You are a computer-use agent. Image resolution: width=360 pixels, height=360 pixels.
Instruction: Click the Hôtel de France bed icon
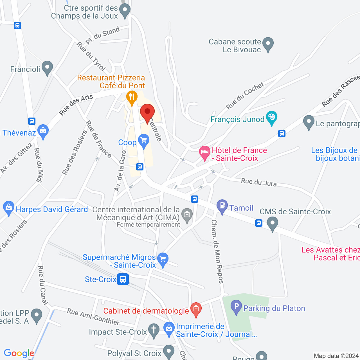205,152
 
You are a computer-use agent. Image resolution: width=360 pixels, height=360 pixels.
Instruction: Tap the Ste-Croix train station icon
123,279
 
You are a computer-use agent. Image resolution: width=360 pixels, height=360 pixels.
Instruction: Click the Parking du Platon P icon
236,307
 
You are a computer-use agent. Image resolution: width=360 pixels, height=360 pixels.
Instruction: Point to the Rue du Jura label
259,182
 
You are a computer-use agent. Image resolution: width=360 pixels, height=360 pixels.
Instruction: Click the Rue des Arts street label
76,105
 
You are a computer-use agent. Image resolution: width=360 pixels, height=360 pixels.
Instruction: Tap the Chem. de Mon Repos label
217,251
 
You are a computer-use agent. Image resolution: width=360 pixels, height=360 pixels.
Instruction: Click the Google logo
19,353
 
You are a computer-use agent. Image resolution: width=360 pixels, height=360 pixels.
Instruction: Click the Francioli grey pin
47,68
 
